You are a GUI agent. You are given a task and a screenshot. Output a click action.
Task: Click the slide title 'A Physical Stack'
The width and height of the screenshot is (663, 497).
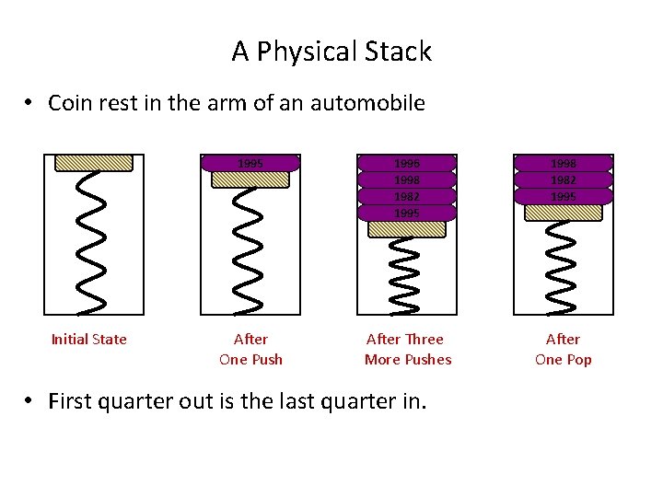tap(331, 52)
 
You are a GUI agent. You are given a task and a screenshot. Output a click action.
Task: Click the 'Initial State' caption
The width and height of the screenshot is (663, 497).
tap(88, 340)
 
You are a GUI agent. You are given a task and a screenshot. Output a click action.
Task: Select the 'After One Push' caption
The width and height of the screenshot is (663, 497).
tap(250, 350)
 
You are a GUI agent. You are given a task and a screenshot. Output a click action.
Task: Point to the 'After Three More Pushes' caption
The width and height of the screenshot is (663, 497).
tap(408, 350)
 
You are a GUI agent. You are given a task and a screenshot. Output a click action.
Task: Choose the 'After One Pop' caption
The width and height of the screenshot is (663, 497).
tap(564, 350)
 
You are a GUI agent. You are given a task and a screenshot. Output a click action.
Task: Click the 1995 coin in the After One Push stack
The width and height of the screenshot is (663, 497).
tap(250, 163)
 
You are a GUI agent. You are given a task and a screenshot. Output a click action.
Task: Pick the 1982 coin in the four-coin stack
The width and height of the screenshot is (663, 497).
tap(406, 196)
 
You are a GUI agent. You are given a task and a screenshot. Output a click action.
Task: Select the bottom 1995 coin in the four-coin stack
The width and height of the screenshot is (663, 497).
tap(406, 213)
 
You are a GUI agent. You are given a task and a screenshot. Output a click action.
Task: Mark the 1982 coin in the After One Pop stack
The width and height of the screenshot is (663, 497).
tap(564, 179)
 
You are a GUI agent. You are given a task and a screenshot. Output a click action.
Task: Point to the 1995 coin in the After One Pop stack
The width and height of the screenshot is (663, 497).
tap(564, 196)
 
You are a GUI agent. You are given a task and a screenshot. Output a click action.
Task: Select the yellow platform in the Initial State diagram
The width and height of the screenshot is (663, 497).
tap(94, 163)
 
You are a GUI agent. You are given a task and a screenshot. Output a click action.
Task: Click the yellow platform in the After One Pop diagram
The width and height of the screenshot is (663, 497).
tap(564, 213)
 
